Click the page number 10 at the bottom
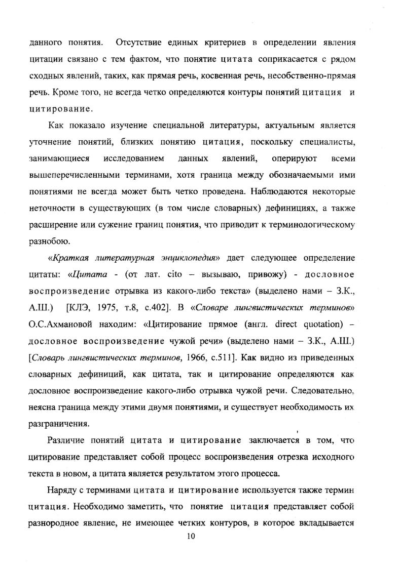[191, 537]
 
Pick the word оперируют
[294, 158]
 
